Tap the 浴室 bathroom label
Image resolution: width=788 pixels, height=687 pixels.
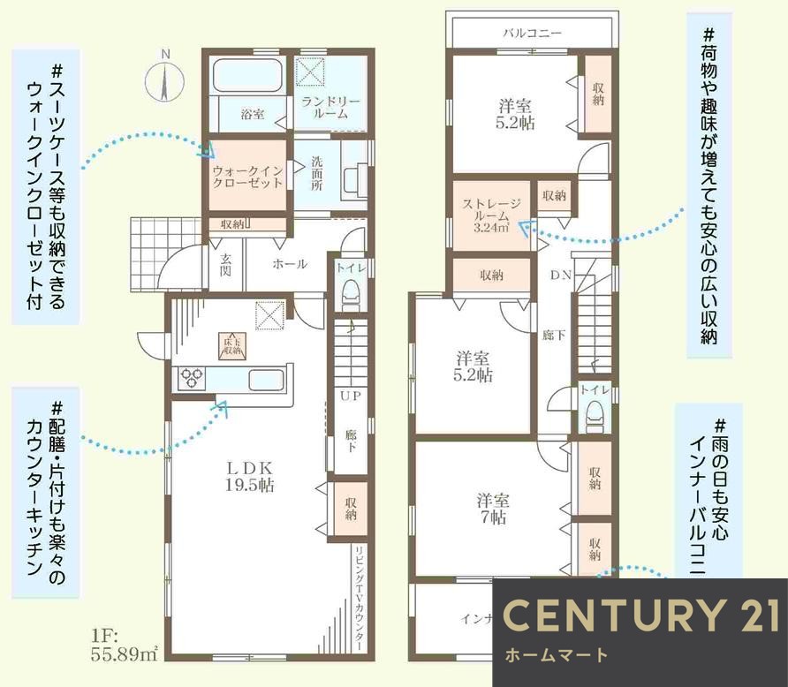[254, 114]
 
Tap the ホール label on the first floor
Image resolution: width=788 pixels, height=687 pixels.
[289, 264]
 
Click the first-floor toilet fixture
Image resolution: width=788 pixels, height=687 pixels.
[352, 291]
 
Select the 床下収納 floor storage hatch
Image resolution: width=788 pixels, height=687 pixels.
[232, 345]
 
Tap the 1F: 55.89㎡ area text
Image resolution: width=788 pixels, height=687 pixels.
[123, 645]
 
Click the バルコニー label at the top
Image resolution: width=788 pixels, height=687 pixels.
[532, 34]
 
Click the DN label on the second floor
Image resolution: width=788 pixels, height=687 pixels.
[561, 275]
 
